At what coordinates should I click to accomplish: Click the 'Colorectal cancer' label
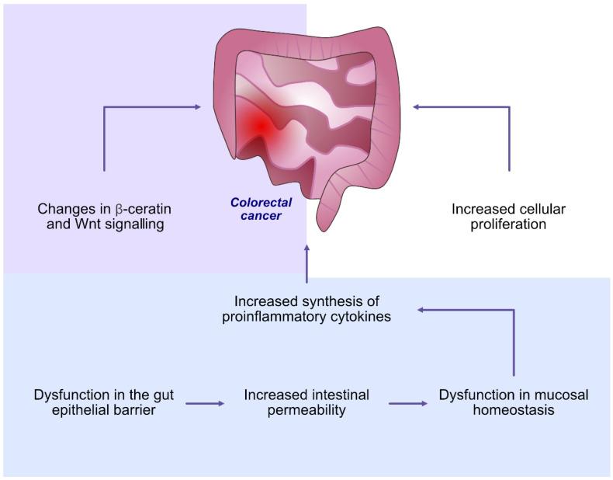click(261, 209)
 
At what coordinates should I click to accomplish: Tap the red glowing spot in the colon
click(261, 125)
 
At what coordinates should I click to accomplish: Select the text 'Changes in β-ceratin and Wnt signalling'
click(105, 217)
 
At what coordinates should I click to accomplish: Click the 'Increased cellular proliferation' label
click(508, 217)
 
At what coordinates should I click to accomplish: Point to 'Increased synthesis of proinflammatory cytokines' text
click(306, 308)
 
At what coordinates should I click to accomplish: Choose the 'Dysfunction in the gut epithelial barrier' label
click(104, 402)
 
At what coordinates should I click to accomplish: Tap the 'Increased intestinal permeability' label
click(306, 402)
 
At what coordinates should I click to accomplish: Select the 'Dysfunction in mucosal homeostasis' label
click(514, 402)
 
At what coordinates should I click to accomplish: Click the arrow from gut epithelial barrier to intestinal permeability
click(205, 403)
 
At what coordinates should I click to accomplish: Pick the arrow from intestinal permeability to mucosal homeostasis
click(407, 403)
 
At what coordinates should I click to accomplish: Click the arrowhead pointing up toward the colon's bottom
click(306, 248)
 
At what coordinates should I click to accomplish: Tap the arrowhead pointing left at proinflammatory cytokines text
click(421, 310)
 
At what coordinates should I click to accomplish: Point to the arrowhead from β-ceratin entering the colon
click(197, 107)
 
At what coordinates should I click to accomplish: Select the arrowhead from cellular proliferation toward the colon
click(417, 107)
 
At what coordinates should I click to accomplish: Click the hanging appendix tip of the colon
click(326, 225)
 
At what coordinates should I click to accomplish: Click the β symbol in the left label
click(119, 210)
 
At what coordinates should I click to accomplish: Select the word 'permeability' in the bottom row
click(306, 410)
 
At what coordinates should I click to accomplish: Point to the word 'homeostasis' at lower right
click(514, 409)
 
